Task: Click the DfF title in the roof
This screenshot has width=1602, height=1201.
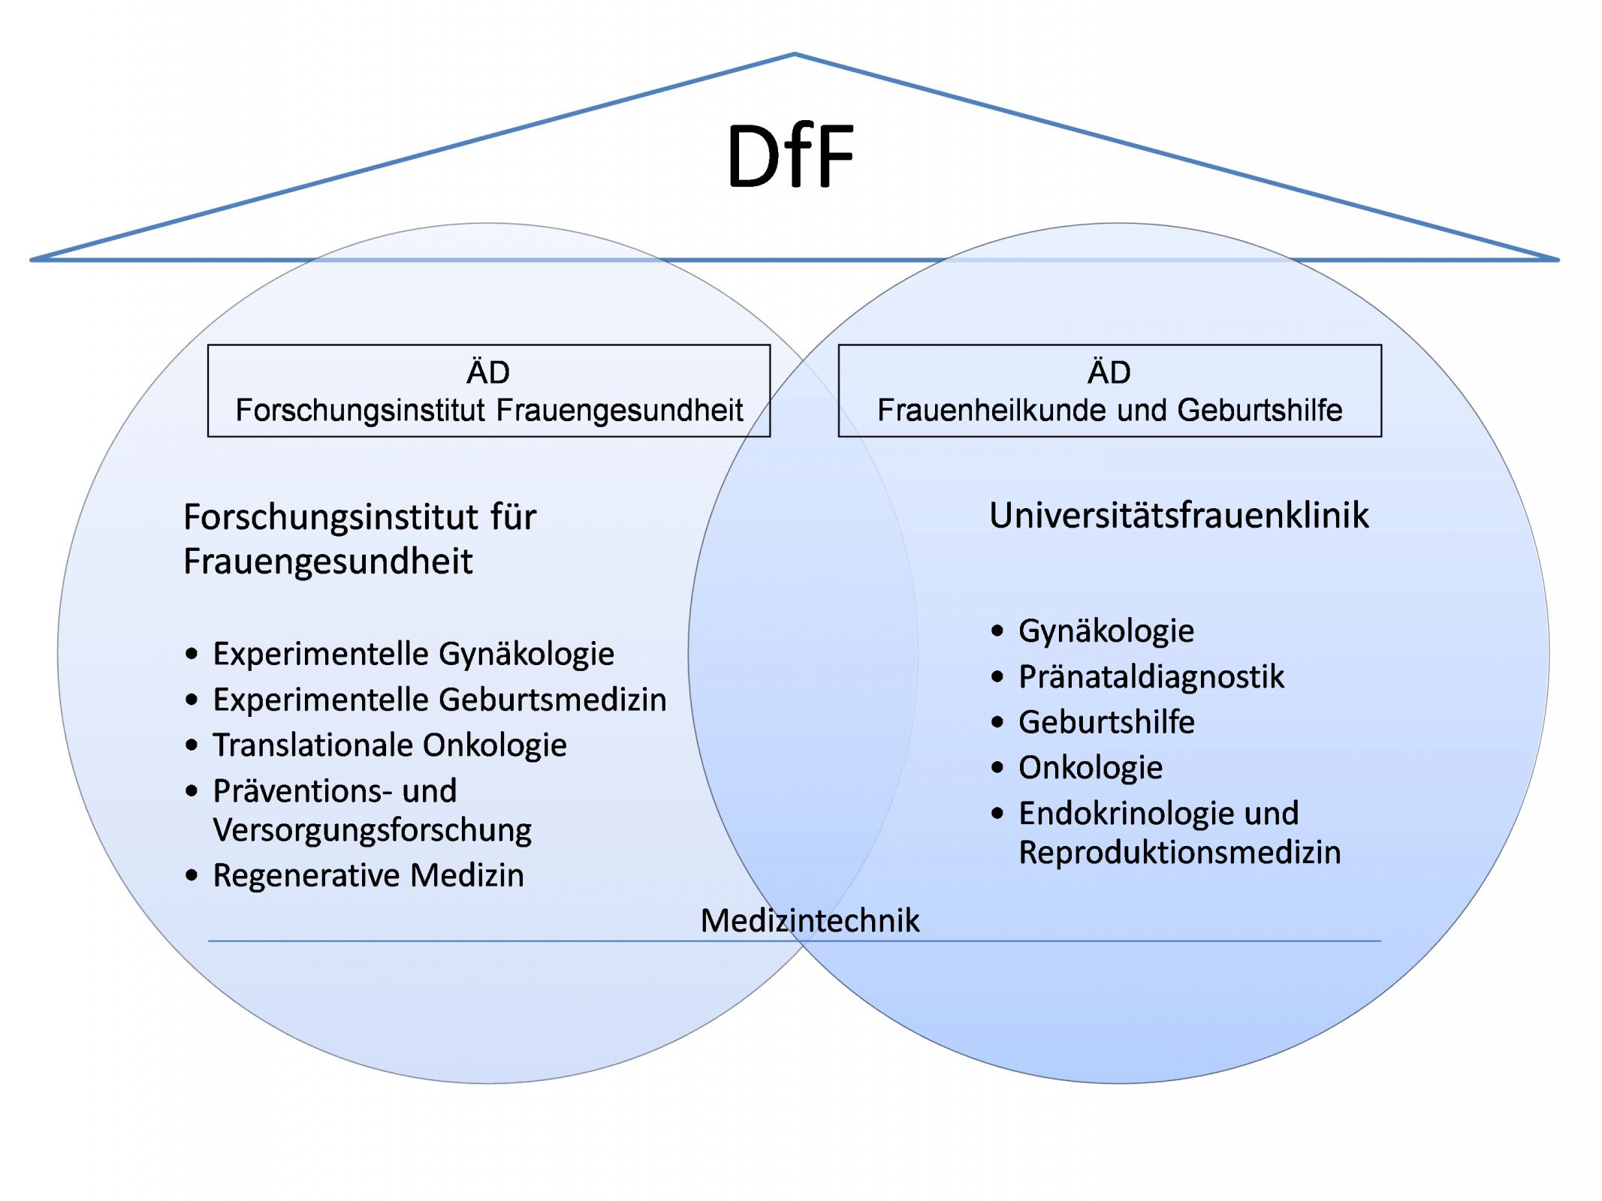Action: pos(790,156)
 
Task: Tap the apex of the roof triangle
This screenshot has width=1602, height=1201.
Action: pos(794,54)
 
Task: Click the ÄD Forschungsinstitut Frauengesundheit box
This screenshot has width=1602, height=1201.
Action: pos(488,390)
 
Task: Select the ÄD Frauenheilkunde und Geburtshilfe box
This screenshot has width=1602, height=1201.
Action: pos(1109,390)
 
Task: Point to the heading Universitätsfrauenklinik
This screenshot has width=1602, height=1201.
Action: pos(1178,516)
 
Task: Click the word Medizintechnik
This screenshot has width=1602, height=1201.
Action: pos(810,920)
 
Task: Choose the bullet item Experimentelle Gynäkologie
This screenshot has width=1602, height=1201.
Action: pos(413,654)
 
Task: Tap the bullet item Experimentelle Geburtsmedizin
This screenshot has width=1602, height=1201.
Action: pos(439,700)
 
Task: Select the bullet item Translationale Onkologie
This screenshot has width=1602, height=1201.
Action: pos(389,745)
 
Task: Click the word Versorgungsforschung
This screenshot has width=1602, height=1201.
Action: pos(372,830)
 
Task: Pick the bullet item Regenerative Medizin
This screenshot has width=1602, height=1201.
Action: pos(368,875)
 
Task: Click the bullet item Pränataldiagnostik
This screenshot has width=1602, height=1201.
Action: pos(1151,677)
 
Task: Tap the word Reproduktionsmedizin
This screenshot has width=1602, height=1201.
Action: pos(1179,853)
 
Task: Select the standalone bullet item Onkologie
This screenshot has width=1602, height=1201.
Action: pos(1091,768)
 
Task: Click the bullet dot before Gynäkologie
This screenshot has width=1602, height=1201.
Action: pos(997,631)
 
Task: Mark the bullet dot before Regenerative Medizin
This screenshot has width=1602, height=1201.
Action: pos(192,875)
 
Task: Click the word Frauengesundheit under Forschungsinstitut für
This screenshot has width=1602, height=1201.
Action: pos(327,561)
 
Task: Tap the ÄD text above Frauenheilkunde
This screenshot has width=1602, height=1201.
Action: pos(1109,372)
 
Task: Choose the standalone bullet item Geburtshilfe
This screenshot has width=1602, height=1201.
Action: pos(1106,722)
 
